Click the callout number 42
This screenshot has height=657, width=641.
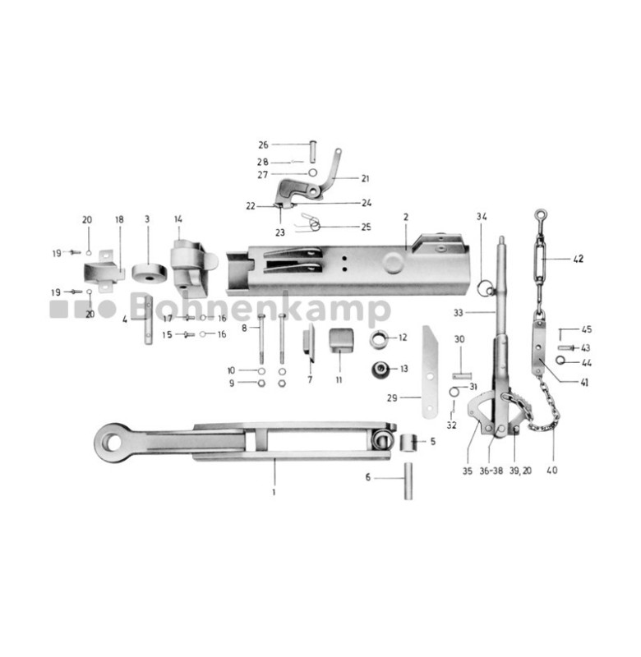click(578, 259)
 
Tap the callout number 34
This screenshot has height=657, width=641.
click(482, 216)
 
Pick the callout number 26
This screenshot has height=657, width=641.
click(263, 145)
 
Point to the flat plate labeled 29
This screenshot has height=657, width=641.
click(431, 370)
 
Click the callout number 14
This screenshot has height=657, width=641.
click(177, 219)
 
